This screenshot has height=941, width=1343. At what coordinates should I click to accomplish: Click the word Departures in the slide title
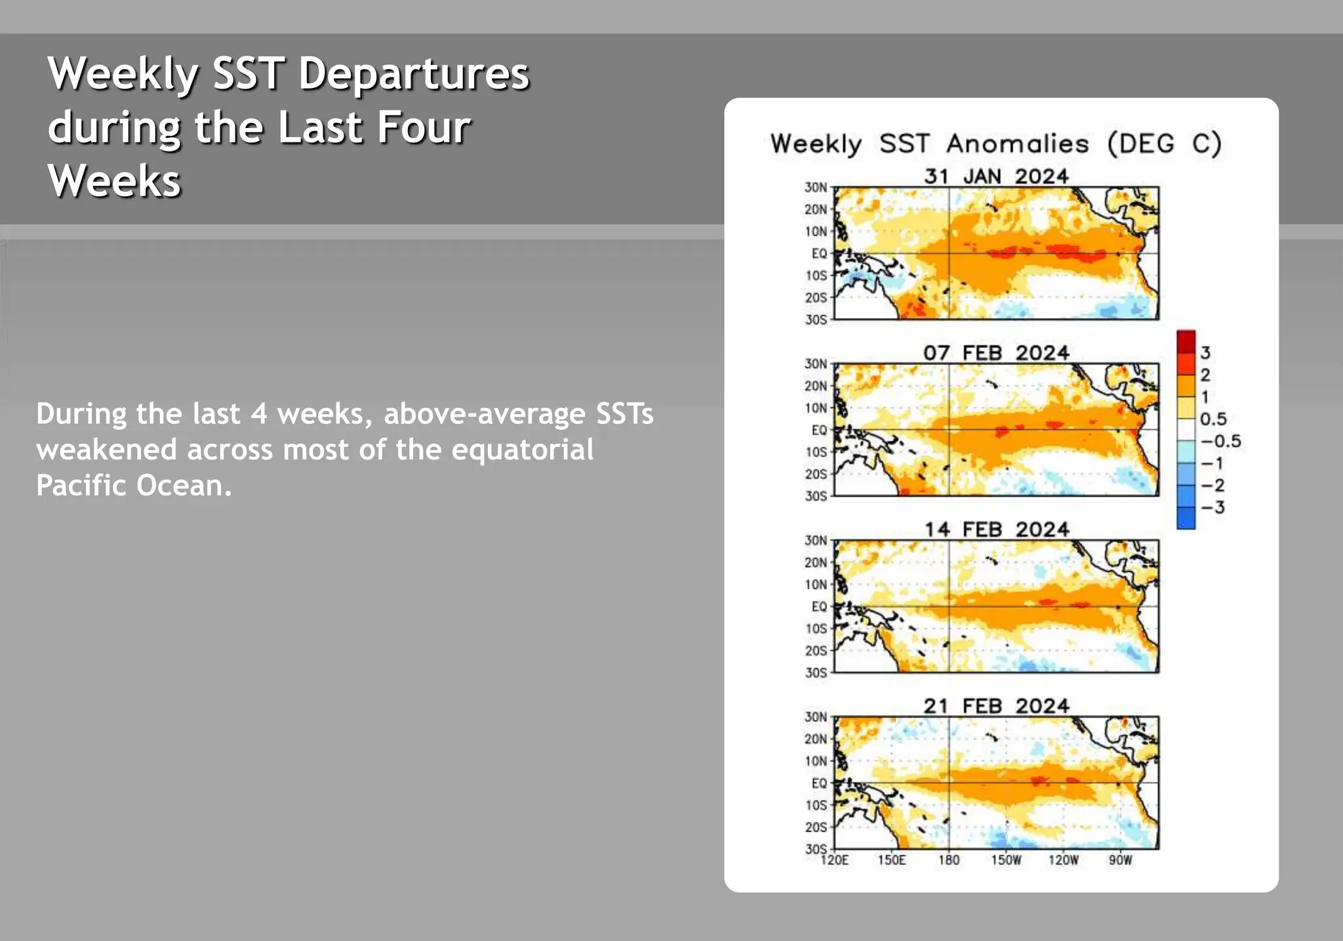tap(414, 73)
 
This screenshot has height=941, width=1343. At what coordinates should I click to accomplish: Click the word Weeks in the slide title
tap(114, 181)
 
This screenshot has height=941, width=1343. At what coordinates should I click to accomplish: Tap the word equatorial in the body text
tap(522, 450)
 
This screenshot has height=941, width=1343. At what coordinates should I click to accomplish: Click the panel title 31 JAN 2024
tap(996, 177)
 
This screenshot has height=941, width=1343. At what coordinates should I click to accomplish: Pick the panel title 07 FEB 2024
tap(996, 353)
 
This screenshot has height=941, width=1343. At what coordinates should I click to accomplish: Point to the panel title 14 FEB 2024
tap(996, 530)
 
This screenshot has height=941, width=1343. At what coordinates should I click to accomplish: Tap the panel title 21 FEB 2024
tap(996, 706)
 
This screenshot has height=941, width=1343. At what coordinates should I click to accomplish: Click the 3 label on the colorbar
tap(1205, 353)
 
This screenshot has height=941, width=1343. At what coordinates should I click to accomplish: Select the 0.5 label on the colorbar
tap(1213, 419)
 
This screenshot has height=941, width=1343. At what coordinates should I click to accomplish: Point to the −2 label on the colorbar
tap(1213, 486)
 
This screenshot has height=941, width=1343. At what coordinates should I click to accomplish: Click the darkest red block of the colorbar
tap(1186, 342)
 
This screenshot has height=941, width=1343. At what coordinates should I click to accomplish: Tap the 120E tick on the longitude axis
tap(835, 860)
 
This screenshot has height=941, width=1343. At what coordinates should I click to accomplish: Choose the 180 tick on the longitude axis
tap(949, 860)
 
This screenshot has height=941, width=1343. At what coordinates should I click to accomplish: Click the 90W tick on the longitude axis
tap(1120, 860)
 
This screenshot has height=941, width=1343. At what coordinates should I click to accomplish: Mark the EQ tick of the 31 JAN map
tap(819, 253)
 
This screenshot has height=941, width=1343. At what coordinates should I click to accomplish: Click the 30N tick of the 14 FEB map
tap(816, 540)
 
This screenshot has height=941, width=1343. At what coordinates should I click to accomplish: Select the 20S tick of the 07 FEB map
tap(816, 474)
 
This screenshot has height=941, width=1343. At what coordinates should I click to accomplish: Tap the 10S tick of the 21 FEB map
tap(816, 805)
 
